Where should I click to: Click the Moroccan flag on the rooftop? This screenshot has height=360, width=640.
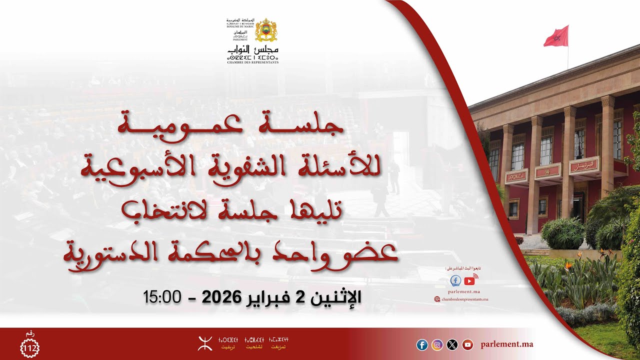click(x=556, y=36)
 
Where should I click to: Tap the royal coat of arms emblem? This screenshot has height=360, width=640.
click(x=266, y=30)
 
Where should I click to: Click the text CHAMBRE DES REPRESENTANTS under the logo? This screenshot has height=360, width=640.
click(x=252, y=62)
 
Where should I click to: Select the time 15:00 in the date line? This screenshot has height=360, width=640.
click(x=161, y=297)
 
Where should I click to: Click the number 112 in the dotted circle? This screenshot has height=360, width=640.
click(x=29, y=347)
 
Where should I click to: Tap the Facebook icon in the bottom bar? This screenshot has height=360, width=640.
click(x=422, y=344)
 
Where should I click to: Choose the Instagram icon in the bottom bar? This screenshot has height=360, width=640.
click(x=437, y=344)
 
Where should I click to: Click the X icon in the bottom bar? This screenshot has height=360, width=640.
click(x=452, y=344)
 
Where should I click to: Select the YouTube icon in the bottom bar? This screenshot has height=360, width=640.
click(x=467, y=344)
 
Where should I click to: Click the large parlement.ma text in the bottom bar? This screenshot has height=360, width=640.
click(x=506, y=344)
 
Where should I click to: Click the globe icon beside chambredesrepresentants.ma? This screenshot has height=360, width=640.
click(x=437, y=299)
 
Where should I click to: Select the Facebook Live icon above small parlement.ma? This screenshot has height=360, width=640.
click(x=455, y=280)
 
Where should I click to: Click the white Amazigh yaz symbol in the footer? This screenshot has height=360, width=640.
click(x=204, y=343)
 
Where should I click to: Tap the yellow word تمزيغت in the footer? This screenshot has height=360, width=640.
click(x=278, y=347)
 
